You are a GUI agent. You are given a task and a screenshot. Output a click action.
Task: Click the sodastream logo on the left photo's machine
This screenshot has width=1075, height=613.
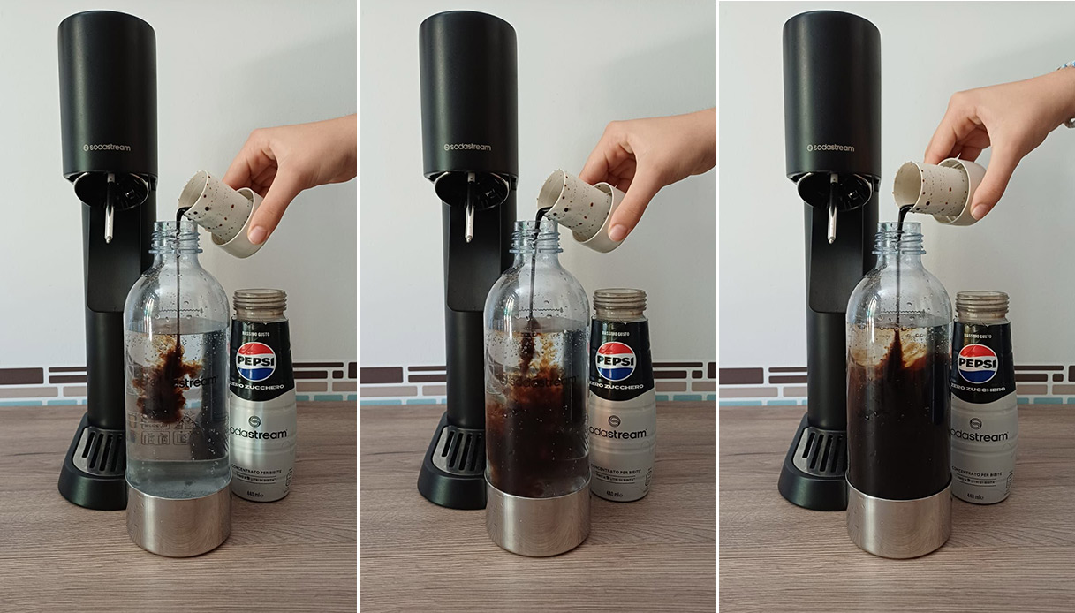[107, 148]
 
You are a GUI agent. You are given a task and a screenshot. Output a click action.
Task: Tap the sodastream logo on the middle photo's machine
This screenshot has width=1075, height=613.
[467, 147]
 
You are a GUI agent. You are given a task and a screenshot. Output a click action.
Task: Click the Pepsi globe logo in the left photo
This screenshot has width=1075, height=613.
[256, 360]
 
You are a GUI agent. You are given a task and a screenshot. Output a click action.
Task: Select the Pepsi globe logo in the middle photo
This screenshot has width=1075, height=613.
[616, 360]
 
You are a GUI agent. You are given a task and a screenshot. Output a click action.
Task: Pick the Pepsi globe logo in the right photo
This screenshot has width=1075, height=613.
[978, 363]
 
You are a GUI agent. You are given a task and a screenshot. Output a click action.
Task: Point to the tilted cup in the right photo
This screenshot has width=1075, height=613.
[936, 187]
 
